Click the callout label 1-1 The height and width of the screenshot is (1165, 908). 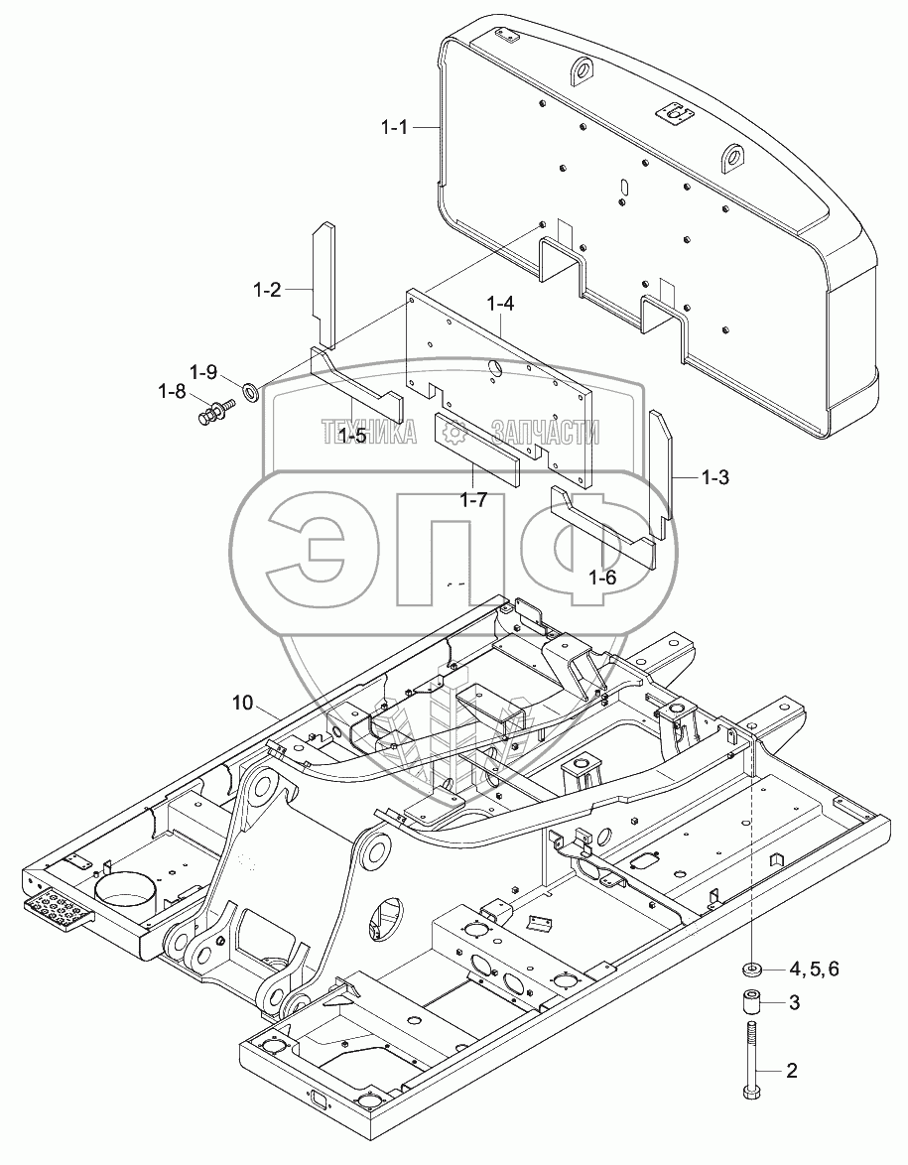click(x=396, y=127)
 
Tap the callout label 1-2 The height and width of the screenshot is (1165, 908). click(x=266, y=290)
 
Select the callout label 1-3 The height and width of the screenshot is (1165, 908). click(x=714, y=477)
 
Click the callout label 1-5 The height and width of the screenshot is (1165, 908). click(x=352, y=435)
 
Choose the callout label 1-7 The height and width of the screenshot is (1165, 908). click(x=474, y=499)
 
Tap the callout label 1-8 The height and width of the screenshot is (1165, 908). click(x=171, y=391)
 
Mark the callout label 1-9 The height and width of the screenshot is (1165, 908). click(x=204, y=372)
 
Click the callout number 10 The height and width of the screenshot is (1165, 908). click(x=243, y=703)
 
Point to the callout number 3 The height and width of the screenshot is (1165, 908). click(x=793, y=1003)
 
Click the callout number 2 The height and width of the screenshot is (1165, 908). click(x=792, y=1070)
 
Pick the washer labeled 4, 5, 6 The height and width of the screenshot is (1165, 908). click(x=752, y=968)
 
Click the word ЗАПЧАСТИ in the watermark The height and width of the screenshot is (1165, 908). click(x=537, y=432)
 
